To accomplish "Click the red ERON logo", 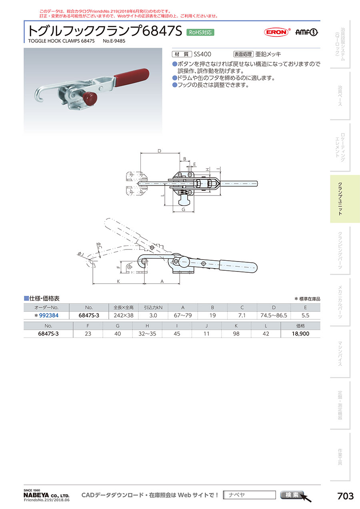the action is (276, 32).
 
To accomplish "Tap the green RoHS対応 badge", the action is (200, 32).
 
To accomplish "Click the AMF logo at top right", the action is (306, 32).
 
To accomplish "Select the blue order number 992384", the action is (49, 315).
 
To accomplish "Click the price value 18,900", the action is (300, 333).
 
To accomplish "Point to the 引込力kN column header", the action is (153, 307).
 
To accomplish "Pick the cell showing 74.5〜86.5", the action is (274, 315).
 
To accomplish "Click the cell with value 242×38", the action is (124, 315).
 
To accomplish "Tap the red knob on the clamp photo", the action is (91, 98).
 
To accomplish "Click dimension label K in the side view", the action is (118, 281).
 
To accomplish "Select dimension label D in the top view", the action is (159, 151).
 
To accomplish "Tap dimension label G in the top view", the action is (184, 209).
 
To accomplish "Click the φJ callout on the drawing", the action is (81, 254).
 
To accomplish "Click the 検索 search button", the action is (292, 495).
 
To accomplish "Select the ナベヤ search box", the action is (249, 495).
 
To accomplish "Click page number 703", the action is (346, 496).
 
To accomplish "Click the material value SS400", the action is (202, 54).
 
